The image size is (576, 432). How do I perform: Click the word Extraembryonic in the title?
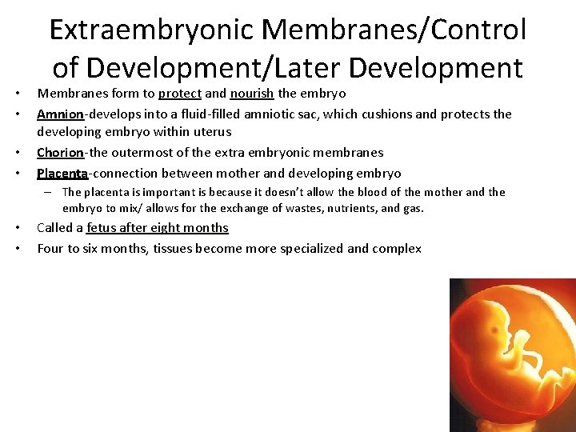151,30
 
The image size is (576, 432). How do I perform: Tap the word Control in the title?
478,30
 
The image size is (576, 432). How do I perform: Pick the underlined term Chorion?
60,152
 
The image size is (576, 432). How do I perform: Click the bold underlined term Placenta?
62,173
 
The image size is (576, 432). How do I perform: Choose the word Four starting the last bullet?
51,248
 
